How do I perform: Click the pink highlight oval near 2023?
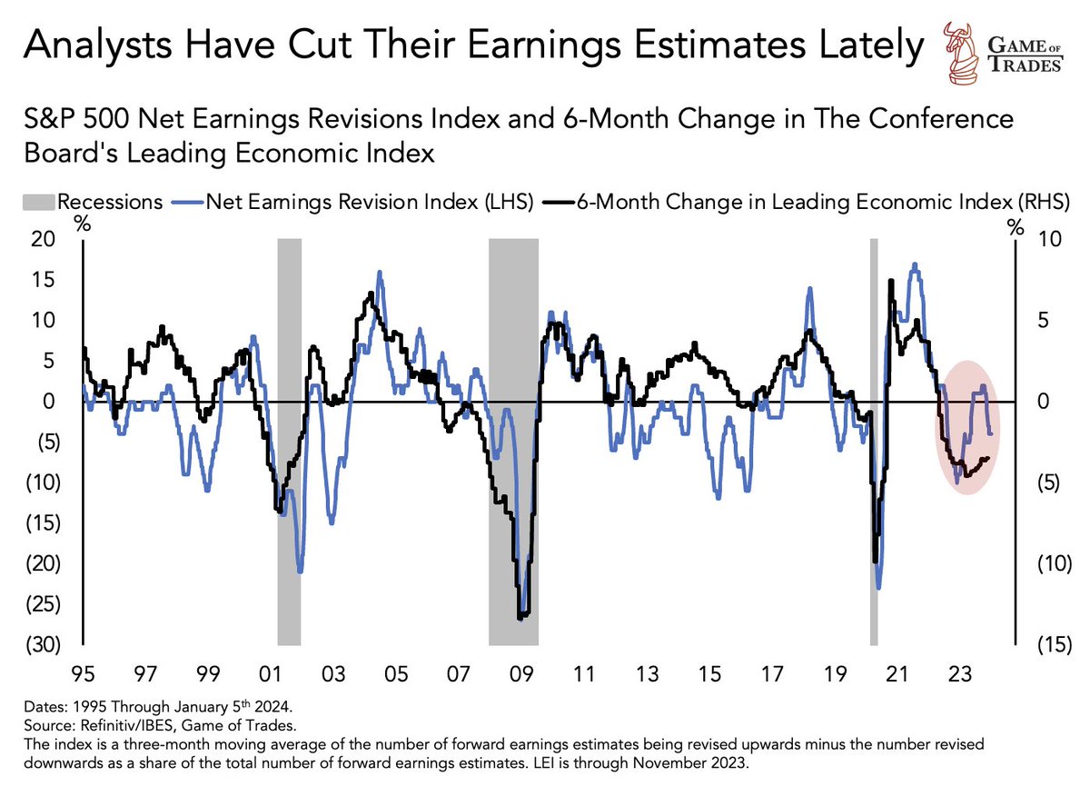[x=968, y=427]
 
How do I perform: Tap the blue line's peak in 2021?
[x=915, y=264]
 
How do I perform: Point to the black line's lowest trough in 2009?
[x=520, y=618]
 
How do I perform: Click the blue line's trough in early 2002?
[x=300, y=572]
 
